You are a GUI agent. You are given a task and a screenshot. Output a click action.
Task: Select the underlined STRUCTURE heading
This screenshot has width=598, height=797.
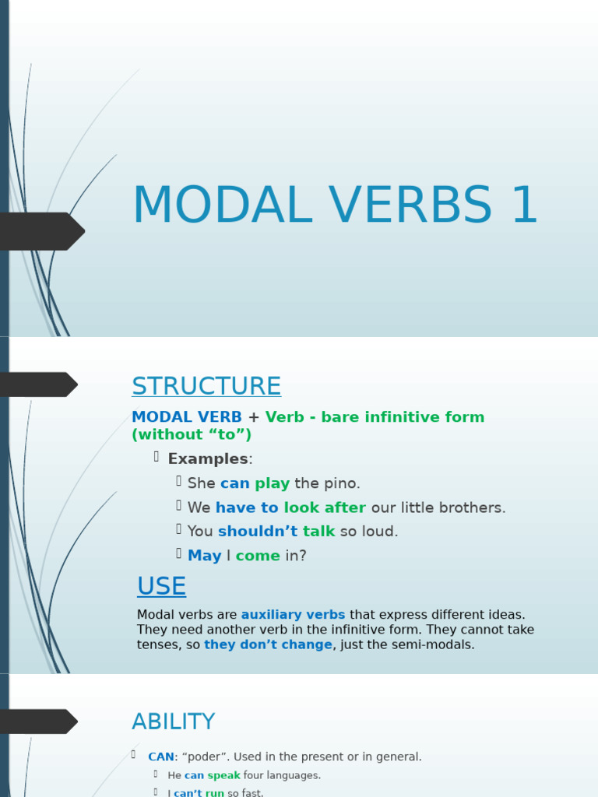click(x=206, y=386)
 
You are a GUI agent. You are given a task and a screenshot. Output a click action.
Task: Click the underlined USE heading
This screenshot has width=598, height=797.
click(x=161, y=586)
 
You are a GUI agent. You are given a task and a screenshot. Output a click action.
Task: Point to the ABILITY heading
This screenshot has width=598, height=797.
click(x=173, y=722)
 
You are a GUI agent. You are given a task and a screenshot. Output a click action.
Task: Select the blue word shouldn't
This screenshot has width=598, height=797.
click(x=257, y=532)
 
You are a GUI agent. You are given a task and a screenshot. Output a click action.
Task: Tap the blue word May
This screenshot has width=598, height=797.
click(x=204, y=556)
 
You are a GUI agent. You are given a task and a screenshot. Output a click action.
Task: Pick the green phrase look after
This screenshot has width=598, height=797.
click(x=325, y=507)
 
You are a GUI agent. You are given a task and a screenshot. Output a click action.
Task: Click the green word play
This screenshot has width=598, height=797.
click(x=272, y=483)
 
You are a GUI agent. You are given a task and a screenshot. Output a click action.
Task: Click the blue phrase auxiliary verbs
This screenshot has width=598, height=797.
click(x=293, y=615)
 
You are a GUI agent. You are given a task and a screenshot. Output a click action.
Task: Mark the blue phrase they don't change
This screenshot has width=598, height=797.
click(x=268, y=644)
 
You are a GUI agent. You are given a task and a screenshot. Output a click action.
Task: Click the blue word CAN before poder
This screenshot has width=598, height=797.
click(x=161, y=757)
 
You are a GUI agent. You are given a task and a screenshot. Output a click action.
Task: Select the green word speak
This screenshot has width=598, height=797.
click(x=223, y=775)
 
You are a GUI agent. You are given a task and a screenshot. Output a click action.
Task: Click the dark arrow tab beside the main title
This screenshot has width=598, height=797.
click(x=42, y=231)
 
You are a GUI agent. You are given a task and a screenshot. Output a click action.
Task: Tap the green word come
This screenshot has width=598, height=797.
click(x=257, y=556)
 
